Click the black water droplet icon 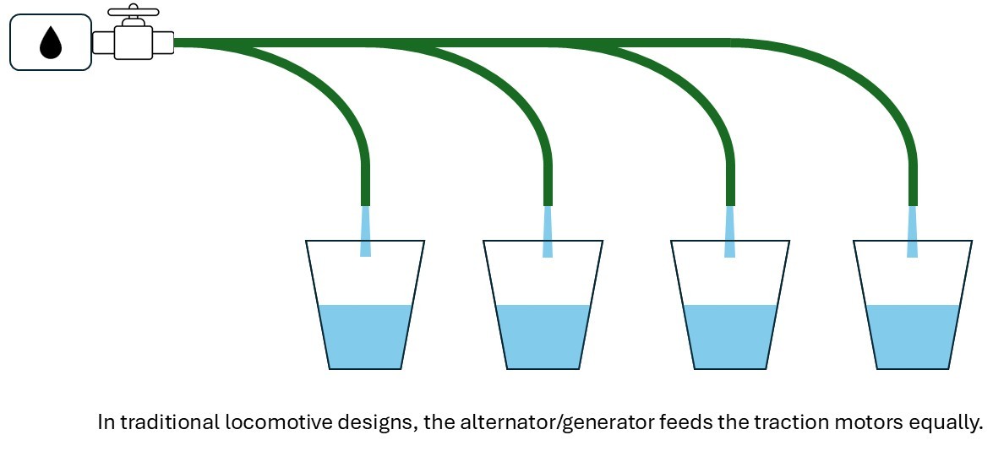[51, 42]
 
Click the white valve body [133, 41]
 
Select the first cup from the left [365, 313]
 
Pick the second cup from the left [543, 313]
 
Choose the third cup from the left [730, 313]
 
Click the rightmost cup [913, 313]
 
